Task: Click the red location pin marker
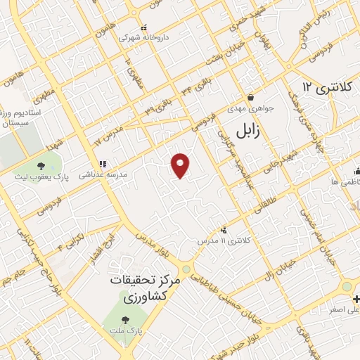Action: coord(181,165)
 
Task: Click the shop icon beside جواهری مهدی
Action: coord(250,97)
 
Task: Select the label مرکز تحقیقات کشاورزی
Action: coord(146,288)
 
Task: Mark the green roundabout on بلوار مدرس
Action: coord(186,269)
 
